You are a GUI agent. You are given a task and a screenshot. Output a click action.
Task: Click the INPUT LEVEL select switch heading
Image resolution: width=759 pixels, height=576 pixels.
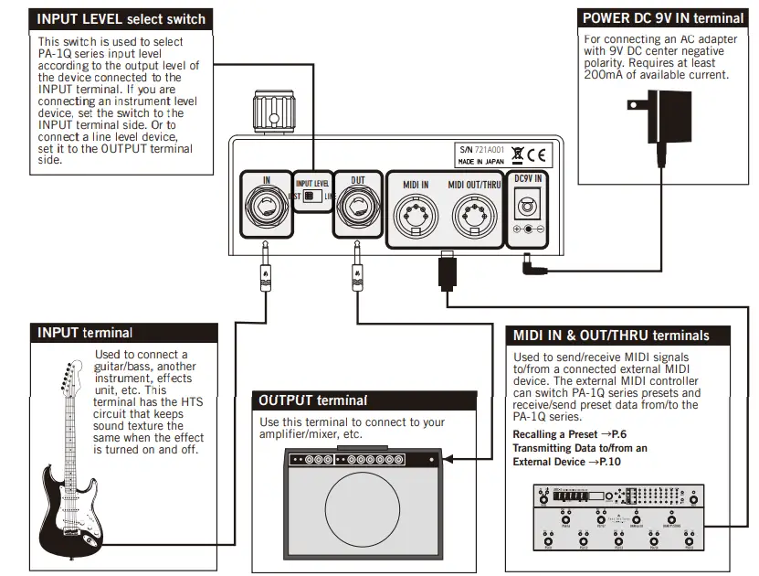point(121,19)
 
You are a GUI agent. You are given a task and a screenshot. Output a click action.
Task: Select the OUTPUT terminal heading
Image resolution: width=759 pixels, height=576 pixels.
point(313,400)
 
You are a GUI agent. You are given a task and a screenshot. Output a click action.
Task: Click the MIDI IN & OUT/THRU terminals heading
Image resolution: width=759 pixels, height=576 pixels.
point(610,336)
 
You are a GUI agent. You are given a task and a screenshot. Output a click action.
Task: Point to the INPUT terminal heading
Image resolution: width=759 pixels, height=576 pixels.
point(85,333)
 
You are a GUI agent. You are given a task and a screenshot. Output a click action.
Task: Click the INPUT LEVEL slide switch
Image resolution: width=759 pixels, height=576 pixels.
point(311,196)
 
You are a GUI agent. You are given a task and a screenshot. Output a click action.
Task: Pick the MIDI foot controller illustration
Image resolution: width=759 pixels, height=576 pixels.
point(618,517)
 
